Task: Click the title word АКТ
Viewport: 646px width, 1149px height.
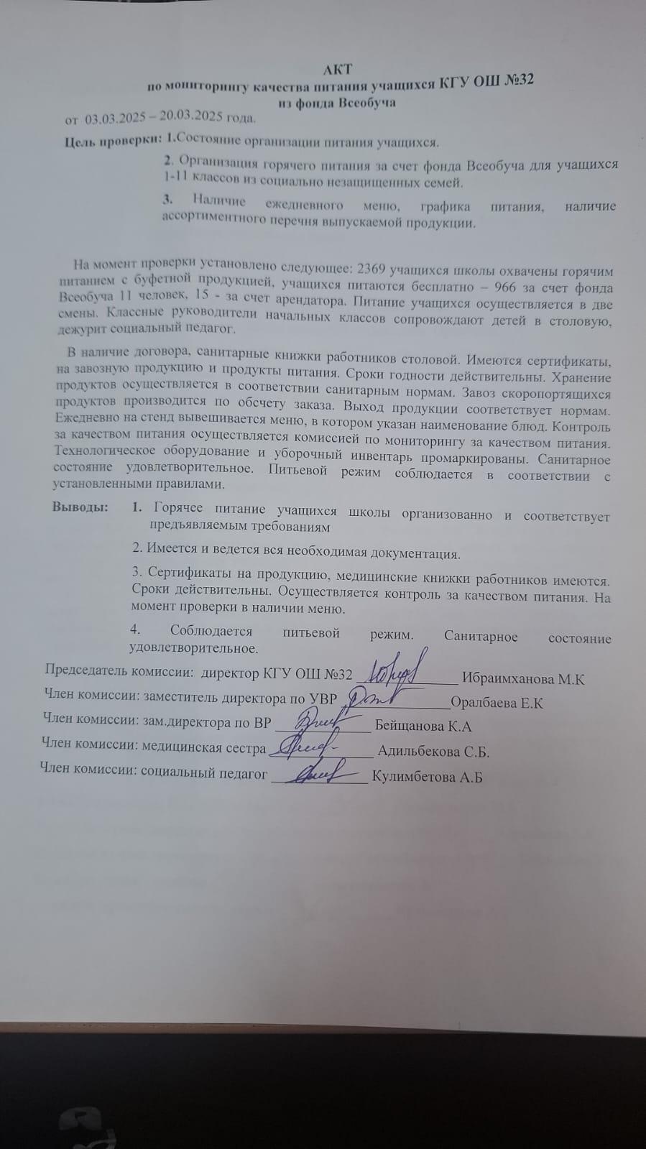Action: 338,69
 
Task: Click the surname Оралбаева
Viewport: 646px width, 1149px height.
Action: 486,703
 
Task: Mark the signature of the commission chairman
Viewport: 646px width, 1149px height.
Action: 395,669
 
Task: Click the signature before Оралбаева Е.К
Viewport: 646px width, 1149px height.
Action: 374,694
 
